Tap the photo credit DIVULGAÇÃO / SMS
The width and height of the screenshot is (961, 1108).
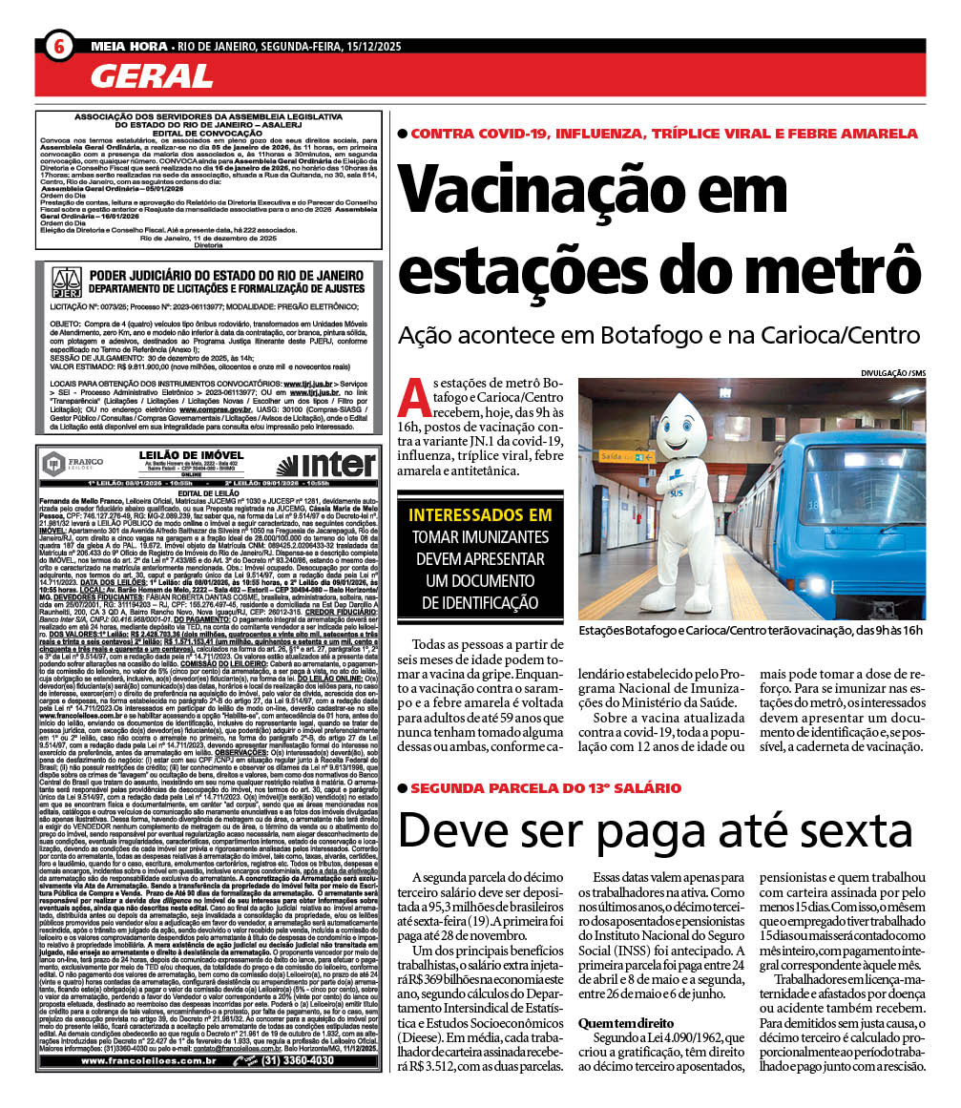892,372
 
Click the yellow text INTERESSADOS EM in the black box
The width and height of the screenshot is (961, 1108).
480,515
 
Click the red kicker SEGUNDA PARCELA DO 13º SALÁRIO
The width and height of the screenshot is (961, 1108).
545,788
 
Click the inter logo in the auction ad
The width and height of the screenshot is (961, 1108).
325,466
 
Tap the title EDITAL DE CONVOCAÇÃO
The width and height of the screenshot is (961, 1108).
208,132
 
